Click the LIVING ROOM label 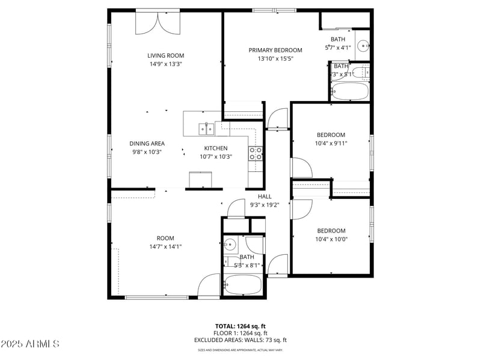pos(165,55)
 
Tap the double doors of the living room pos(158,23)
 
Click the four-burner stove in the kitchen pos(256,153)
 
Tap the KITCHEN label pos(216,148)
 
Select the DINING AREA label pos(147,144)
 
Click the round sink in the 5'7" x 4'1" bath pos(363,45)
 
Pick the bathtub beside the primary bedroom pos(349,92)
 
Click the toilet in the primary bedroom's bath pos(362,73)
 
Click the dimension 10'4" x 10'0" pos(331,239)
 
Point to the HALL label pos(265,196)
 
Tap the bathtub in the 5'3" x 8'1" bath pos(243,284)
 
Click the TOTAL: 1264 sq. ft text pos(240,326)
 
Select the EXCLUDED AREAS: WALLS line pos(240,340)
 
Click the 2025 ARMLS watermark pos(30,344)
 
